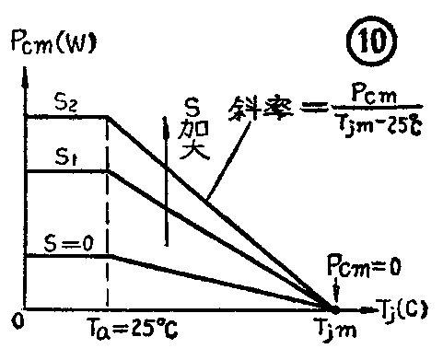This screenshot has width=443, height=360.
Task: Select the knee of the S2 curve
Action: point(108,116)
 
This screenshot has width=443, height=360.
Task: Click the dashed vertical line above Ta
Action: point(108,212)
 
